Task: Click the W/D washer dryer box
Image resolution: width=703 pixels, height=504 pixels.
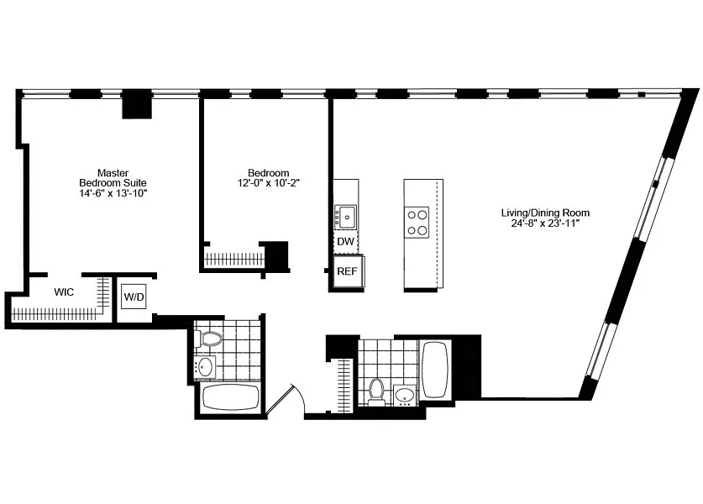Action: [134, 297]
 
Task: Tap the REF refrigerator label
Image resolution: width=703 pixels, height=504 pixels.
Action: [347, 271]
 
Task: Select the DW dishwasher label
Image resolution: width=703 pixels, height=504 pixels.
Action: [345, 242]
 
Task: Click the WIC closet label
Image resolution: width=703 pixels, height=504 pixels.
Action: [64, 292]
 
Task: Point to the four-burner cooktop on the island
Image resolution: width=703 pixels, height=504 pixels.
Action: [417, 223]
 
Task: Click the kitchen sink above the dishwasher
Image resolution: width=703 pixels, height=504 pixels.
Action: [347, 217]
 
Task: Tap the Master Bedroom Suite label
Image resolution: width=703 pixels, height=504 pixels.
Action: [113, 178]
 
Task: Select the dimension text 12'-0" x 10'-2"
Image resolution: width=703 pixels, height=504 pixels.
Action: [268, 183]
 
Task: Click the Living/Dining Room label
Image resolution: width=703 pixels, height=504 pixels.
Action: [545, 213]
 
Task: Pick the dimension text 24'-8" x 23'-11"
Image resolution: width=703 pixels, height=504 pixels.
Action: [545, 223]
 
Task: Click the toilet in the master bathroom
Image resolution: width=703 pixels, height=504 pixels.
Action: [208, 339]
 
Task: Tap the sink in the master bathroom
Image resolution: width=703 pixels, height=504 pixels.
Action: [205, 368]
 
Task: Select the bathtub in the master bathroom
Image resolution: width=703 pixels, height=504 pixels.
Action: [231, 397]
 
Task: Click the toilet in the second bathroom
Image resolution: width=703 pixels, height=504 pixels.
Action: [375, 392]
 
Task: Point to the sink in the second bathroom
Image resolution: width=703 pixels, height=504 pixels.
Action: [406, 395]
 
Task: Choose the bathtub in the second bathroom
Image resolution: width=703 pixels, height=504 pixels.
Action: [435, 370]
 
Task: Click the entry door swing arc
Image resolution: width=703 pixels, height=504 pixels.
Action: [301, 397]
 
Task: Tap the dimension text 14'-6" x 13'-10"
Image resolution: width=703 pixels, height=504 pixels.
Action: [113, 193]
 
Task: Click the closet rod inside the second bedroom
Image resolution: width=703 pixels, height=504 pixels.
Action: [234, 260]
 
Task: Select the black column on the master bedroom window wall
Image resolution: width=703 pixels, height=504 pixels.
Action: [137, 108]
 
